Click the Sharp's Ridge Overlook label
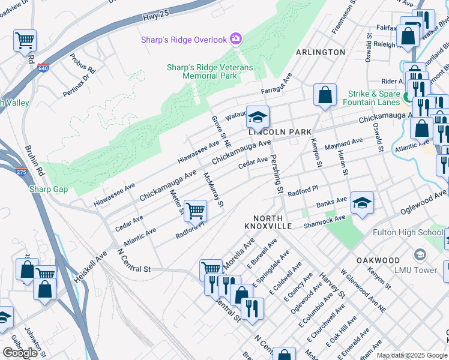tap(184, 40)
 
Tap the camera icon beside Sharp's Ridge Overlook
tap(236, 40)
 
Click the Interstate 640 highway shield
tap(44, 68)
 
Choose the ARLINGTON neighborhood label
tap(321, 52)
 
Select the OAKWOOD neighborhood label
tap(378, 260)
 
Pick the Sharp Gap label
tap(48, 190)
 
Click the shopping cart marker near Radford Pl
tap(195, 211)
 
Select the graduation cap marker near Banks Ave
tap(362, 203)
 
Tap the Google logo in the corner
tap(20, 353)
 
